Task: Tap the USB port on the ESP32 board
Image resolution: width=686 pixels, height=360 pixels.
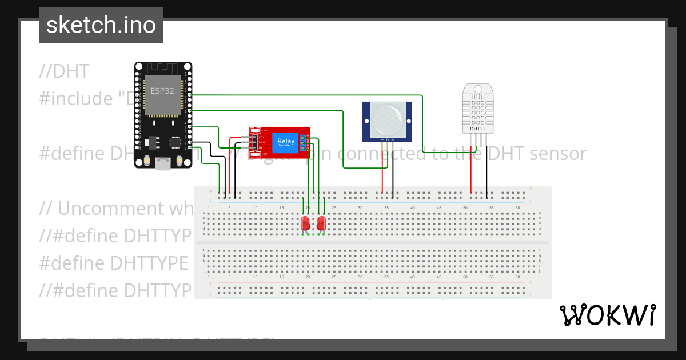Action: tap(163, 164)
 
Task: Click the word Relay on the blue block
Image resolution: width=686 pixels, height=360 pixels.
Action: tap(286, 141)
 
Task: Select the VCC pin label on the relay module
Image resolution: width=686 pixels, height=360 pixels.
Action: tap(262, 137)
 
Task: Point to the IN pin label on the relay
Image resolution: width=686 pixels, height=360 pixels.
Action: tap(261, 147)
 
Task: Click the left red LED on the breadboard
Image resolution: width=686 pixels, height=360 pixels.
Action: tap(305, 222)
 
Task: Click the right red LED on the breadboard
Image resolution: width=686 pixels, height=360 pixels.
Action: tap(321, 222)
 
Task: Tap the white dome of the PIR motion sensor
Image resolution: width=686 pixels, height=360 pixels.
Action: tap(387, 117)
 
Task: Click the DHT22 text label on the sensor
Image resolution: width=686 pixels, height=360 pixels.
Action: tap(477, 129)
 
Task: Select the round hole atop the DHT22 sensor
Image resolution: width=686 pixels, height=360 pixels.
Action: tap(477, 89)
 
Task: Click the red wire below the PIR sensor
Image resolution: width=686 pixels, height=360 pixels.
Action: tap(382, 171)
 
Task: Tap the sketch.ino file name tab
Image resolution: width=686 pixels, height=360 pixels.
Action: tap(101, 25)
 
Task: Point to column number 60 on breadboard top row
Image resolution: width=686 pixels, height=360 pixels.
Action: tap(517, 207)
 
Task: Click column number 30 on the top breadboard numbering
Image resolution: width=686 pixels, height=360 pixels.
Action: tap(360, 207)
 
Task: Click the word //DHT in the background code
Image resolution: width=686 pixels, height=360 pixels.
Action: tap(65, 71)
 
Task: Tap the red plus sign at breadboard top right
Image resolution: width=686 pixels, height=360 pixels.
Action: tap(530, 189)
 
